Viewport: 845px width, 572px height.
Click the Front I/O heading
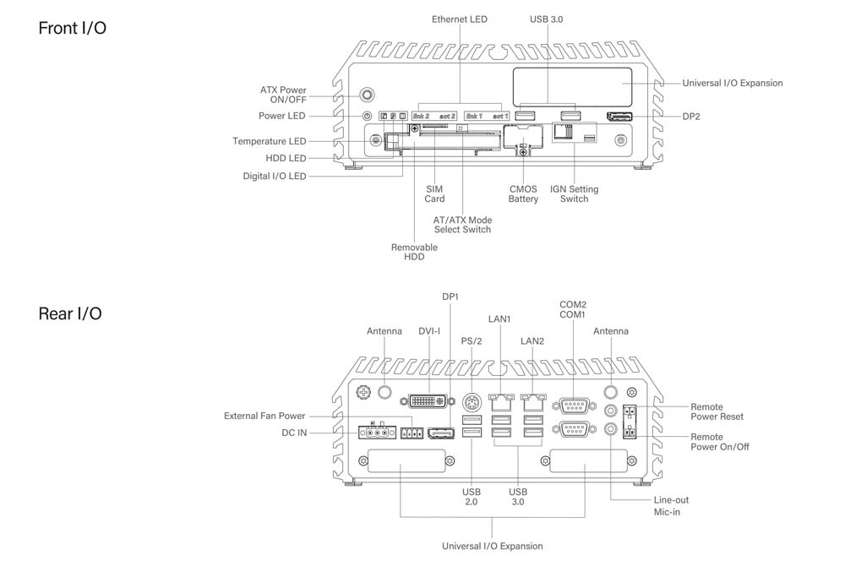tap(73, 29)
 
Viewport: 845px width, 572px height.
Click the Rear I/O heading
tap(70, 313)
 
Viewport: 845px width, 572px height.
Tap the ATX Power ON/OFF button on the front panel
tap(368, 95)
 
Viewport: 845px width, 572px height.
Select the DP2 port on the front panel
tap(620, 116)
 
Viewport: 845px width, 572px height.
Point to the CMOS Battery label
tap(523, 193)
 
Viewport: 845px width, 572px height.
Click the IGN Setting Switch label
tap(574, 193)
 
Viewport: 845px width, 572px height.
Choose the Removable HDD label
tap(414, 252)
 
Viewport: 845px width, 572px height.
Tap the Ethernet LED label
tap(460, 19)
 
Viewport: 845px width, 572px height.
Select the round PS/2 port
tap(472, 402)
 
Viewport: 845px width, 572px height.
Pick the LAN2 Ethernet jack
tap(532, 397)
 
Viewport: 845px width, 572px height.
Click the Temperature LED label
tap(270, 141)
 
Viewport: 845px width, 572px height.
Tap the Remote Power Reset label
tap(717, 411)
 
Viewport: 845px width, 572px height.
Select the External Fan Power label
tap(264, 416)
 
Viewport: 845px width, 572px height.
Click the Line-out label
tap(672, 500)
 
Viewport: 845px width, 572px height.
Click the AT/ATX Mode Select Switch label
tap(462, 225)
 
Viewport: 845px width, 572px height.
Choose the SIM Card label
tap(434, 193)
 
